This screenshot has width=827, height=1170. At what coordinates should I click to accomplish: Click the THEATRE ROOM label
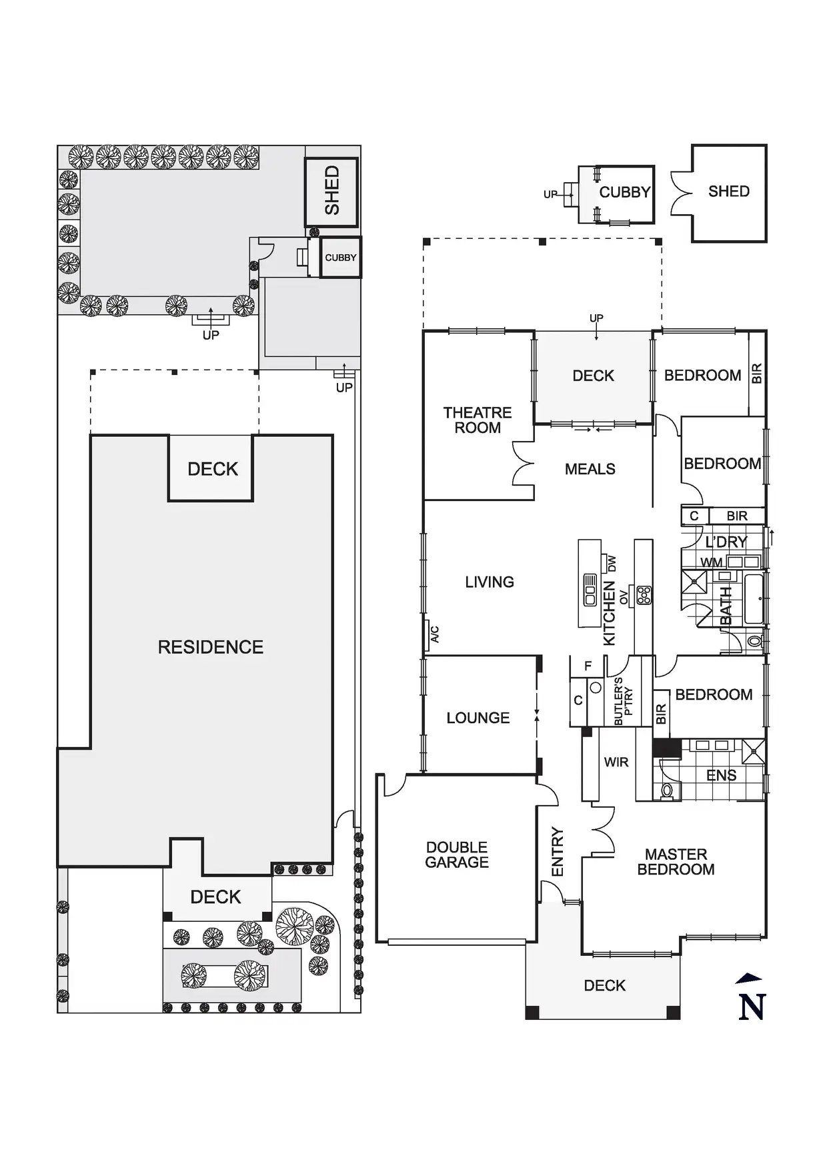[478, 420]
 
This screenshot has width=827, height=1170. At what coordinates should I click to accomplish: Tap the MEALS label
[590, 470]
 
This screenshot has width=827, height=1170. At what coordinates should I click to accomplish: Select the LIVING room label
[490, 582]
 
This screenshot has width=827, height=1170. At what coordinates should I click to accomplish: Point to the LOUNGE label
[478, 718]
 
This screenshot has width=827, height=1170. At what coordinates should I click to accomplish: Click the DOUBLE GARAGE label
[457, 855]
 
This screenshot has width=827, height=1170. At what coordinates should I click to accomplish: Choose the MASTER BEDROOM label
[676, 862]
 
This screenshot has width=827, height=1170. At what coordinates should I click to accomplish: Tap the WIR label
[616, 762]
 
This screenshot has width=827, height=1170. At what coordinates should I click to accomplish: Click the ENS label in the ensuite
[721, 776]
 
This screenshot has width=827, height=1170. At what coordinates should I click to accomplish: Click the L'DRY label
[726, 542]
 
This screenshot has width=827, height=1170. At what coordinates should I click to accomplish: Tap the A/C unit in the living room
[434, 634]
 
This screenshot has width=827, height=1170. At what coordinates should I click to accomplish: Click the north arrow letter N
[752, 1007]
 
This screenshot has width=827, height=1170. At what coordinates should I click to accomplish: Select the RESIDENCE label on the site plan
[210, 648]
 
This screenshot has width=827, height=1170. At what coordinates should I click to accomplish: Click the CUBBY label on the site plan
[341, 257]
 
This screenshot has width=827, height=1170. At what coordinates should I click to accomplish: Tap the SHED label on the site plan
[332, 191]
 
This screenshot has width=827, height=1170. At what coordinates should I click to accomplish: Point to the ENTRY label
[558, 852]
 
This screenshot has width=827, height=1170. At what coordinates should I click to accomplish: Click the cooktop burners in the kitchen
[644, 595]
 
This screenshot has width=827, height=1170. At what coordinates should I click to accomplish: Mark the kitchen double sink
[590, 590]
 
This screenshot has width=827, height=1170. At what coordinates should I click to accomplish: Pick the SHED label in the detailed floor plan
[728, 192]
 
